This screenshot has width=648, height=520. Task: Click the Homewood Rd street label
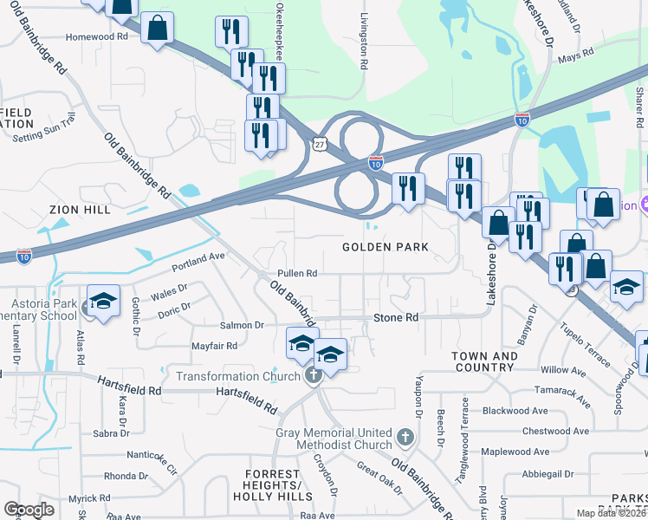coord(91,37)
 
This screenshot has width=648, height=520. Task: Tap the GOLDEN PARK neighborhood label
coord(386,247)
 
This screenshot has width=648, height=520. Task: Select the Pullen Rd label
coord(296,274)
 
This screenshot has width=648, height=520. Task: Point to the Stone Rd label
coord(396,318)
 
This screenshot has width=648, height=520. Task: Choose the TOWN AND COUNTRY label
coord(485,362)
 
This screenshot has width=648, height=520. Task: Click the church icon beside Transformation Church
coord(314,375)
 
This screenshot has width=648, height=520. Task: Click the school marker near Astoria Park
coord(103,301)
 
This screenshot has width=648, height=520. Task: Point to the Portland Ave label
coord(198,258)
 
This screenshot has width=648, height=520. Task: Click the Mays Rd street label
coord(576,53)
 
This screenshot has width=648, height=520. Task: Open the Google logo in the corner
coord(29,510)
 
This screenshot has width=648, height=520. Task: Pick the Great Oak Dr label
coord(379,478)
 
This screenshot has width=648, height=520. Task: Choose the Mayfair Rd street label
coord(215,346)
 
